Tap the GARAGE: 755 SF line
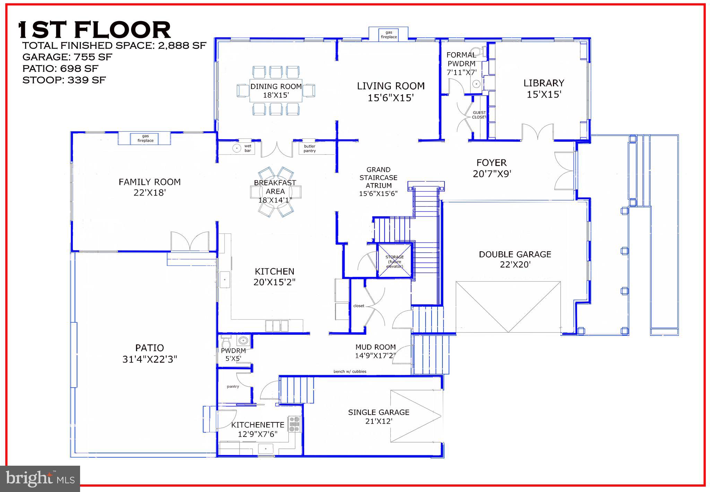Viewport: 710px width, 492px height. [67, 57]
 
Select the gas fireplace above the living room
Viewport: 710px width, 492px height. [389, 35]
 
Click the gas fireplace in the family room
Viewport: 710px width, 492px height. [145, 138]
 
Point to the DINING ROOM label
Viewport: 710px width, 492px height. [276, 87]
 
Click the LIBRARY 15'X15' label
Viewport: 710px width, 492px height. [544, 89]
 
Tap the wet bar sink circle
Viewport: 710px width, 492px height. [236, 148]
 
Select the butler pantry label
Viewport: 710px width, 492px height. [310, 149]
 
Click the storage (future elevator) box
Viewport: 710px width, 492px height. [395, 261]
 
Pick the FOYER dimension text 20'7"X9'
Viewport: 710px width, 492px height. [492, 173]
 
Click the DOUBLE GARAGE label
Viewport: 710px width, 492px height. [515, 254]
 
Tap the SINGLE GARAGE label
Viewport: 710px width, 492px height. [379, 412]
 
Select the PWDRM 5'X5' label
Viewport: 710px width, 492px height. [233, 355]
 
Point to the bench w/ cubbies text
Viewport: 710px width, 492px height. [350, 372]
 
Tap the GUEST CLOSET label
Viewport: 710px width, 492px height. [479, 115]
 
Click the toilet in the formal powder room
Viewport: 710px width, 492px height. [479, 52]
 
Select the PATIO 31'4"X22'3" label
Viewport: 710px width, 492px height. [149, 354]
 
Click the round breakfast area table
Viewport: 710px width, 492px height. [276, 192]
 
